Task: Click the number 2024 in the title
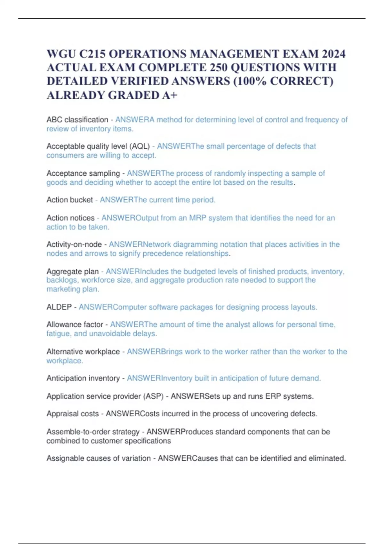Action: (333, 54)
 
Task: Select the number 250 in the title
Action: (218, 68)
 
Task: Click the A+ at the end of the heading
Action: (169, 95)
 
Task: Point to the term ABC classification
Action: (77, 120)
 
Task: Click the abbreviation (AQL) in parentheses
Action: (140, 146)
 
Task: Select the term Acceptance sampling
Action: (83, 173)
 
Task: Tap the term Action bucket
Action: (69, 200)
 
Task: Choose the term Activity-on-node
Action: (74, 244)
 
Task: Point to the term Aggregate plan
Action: (72, 272)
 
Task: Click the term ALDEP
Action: (59, 307)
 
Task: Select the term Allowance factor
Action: (75, 324)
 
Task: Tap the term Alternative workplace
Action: (83, 352)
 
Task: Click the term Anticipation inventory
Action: (83, 378)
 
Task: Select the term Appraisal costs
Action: (72, 414)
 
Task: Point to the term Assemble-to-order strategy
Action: (93, 432)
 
